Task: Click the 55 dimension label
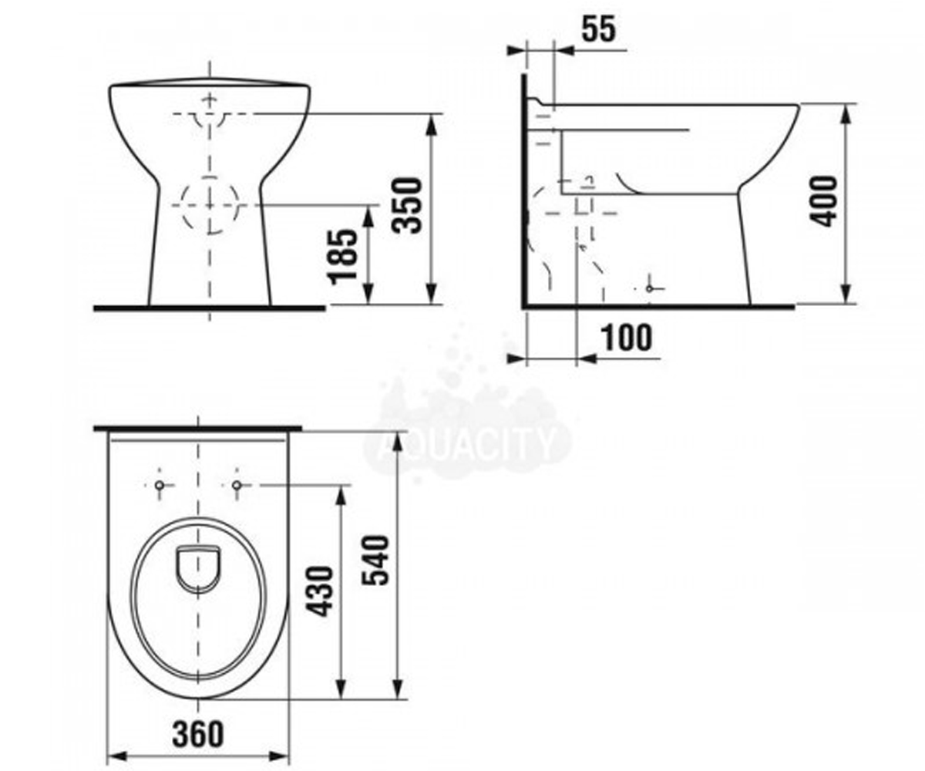(598, 30)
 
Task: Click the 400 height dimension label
(822, 201)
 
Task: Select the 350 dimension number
(408, 205)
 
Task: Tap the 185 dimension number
(343, 257)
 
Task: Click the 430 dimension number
(321, 592)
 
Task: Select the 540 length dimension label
(375, 561)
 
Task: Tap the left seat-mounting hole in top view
(160, 485)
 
